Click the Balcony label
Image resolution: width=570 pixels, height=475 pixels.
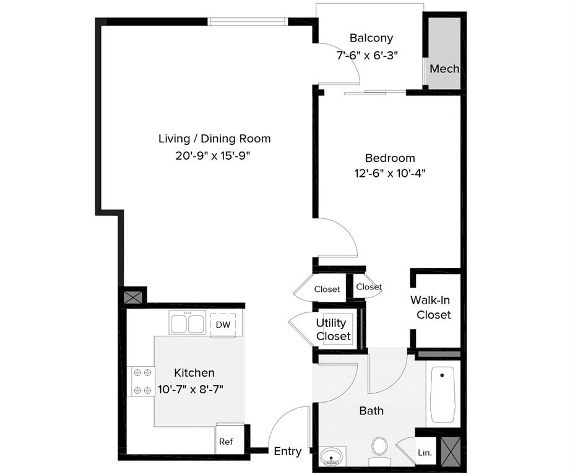click(x=371, y=38)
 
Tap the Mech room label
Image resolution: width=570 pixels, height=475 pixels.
click(x=444, y=68)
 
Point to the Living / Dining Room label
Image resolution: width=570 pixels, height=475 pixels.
click(x=214, y=139)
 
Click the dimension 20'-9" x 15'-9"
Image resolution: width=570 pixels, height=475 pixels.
click(x=214, y=156)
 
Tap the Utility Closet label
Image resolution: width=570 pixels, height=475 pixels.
click(x=334, y=330)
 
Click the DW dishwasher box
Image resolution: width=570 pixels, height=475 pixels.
click(x=223, y=325)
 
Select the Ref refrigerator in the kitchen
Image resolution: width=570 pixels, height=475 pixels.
click(x=226, y=442)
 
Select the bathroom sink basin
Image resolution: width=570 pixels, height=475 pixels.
click(x=332, y=456)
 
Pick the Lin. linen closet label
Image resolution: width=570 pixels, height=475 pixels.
click(x=425, y=453)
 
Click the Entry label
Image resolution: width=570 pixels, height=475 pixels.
click(x=288, y=451)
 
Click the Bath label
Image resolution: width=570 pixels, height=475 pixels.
click(x=371, y=411)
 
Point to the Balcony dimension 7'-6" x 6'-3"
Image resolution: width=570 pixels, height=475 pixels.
click(x=367, y=55)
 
